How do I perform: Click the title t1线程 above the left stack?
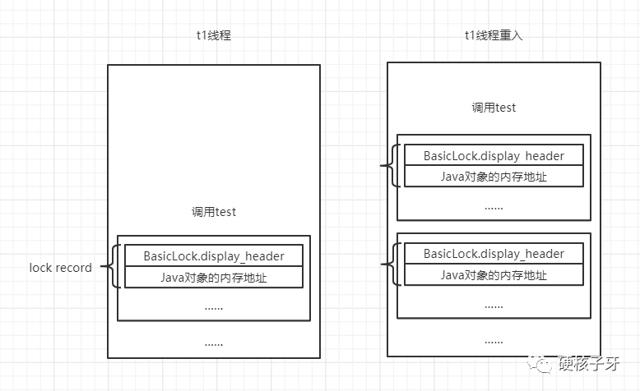pos(214,36)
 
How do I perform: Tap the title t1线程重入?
pos(493,35)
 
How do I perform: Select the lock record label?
pos(61,268)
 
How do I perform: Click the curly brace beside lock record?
pos(114,266)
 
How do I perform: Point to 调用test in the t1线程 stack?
pos(214,212)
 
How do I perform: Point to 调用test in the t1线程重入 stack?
pos(494,108)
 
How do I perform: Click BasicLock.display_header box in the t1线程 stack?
pos(214,255)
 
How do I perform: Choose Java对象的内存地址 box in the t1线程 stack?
pos(214,278)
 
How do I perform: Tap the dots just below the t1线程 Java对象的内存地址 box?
pos(214,306)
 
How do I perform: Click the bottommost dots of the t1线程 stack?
pos(214,343)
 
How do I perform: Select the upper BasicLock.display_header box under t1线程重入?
pos(494,155)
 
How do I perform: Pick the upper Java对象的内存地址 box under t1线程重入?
pos(494,176)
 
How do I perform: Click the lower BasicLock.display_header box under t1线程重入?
pos(494,253)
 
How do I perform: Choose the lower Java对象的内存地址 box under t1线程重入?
pos(494,274)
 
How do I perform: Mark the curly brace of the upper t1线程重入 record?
pos(392,165)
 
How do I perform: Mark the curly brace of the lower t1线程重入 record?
pos(392,264)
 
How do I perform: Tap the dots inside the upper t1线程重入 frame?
pos(494,206)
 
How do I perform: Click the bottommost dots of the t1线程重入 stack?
pos(494,340)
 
